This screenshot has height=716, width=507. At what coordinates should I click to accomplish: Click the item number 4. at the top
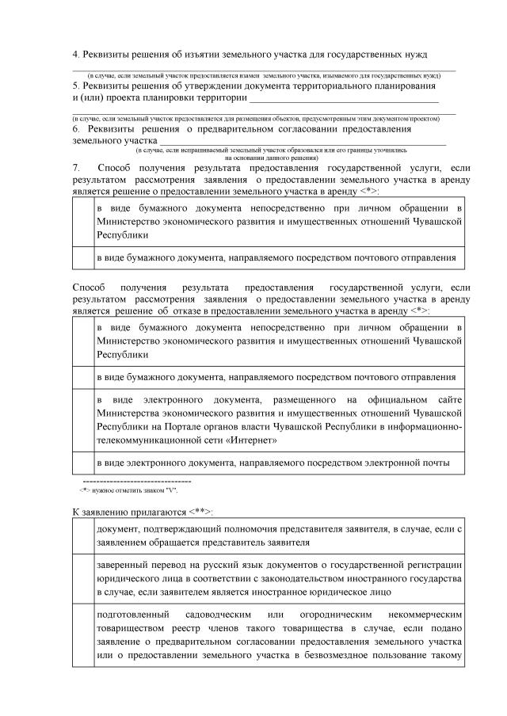(76, 54)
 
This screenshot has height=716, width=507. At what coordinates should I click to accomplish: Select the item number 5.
(76, 85)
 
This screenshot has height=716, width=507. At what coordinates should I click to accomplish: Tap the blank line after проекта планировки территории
(343, 100)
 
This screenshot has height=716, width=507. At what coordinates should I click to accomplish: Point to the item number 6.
(76, 128)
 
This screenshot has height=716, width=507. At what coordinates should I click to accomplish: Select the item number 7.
(76, 168)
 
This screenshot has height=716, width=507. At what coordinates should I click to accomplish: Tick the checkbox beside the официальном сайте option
(82, 421)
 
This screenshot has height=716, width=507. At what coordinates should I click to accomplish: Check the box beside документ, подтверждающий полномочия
(82, 535)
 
